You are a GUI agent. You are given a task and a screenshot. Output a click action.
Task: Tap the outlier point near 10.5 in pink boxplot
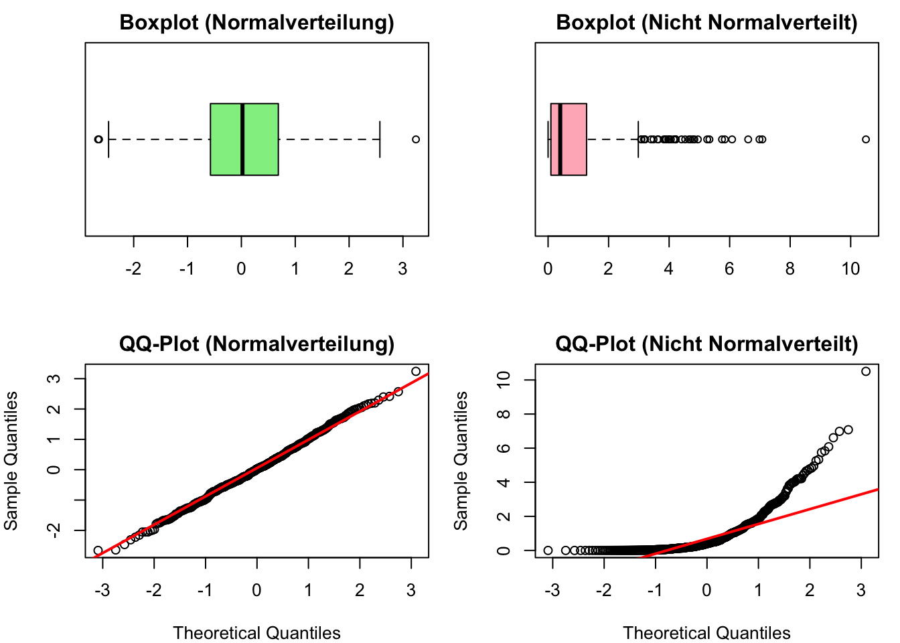[x=866, y=139]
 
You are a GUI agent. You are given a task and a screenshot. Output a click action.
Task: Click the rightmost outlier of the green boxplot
[x=416, y=139]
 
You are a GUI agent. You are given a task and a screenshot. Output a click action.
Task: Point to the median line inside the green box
[x=242, y=139]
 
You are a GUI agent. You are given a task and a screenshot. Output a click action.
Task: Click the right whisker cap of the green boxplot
[x=380, y=139]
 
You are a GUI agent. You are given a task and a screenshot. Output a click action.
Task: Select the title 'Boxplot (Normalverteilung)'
[x=256, y=23]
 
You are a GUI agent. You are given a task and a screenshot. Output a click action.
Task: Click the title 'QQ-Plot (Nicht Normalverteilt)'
[x=706, y=344]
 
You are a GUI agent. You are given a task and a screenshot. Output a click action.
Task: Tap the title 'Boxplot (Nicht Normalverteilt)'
[x=706, y=23]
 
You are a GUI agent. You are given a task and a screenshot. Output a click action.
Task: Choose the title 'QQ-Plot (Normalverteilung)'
[x=256, y=344]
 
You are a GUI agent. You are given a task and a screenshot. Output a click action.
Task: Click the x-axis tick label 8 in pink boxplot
[x=790, y=269]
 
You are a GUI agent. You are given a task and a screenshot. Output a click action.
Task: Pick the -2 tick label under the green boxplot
[x=133, y=269]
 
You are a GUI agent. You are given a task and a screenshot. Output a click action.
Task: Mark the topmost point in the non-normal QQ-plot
[x=866, y=371]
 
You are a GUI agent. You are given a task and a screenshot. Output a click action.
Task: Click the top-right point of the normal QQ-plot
[x=416, y=371]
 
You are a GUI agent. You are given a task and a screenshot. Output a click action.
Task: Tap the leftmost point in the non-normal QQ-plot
[x=548, y=551]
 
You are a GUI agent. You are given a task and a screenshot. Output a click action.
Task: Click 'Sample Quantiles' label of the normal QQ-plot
[x=11, y=461]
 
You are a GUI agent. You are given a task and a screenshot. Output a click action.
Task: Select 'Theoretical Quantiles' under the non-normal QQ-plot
[x=706, y=633]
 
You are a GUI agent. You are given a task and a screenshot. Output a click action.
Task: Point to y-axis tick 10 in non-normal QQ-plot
[x=506, y=379]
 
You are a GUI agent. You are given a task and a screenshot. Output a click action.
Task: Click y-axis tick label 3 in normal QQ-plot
[x=56, y=378]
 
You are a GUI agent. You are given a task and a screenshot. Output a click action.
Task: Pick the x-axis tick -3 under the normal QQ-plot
[x=102, y=591]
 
